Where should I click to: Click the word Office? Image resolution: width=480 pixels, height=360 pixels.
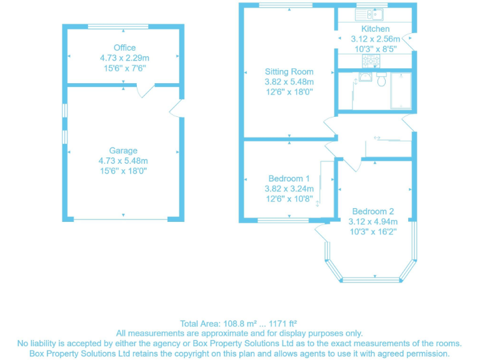pos(124,47)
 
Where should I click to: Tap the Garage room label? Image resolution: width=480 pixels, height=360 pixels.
pos(123,151)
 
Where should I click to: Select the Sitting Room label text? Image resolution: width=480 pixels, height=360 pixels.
pos(289,72)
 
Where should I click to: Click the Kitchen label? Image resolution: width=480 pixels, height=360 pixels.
pos(375,29)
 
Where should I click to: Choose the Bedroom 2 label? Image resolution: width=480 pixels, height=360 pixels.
pos(372,211)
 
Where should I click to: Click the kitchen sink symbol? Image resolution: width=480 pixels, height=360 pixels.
pos(374,14)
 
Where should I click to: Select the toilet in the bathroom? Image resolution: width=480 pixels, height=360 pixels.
pos(382,79)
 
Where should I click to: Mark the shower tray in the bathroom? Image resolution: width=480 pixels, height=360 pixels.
pos(400,91)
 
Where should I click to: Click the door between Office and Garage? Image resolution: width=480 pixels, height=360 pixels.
pos(145,91)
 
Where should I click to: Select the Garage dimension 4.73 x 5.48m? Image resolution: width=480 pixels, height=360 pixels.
pos(123,161)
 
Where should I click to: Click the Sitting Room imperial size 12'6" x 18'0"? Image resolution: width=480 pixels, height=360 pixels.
pos(289,92)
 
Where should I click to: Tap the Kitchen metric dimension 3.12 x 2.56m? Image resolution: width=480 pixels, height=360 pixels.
pos(375,39)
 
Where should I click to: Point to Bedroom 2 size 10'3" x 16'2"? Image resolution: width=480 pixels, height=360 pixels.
pos(372,231)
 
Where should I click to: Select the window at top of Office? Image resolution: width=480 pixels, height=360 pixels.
pos(118,26)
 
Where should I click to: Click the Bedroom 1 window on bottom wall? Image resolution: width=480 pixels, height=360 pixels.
pos(282,220)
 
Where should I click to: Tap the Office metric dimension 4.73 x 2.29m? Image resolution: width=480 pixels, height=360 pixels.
pos(124,57)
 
